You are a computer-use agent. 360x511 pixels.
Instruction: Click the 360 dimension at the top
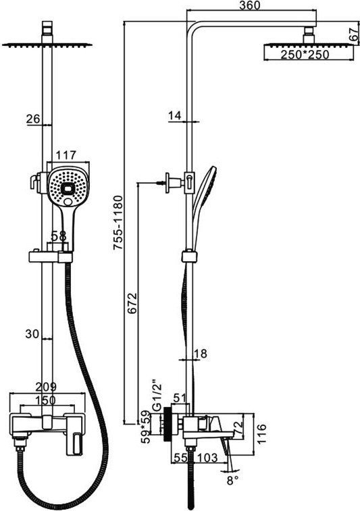pyautogui.click(x=250, y=5)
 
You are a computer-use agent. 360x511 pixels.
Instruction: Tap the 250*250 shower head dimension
pyautogui.click(x=305, y=55)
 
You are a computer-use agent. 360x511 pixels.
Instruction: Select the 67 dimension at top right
pyautogui.click(x=354, y=34)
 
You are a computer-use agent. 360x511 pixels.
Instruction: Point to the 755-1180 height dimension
pyautogui.click(x=118, y=223)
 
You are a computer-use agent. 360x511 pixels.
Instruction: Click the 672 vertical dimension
pyautogui.click(x=132, y=303)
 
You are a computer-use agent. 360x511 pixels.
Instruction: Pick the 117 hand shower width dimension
pyautogui.click(x=66, y=155)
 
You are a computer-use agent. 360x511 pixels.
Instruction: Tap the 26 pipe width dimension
pyautogui.click(x=33, y=119)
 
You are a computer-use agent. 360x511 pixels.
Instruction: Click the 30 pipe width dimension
pyautogui.click(x=32, y=333)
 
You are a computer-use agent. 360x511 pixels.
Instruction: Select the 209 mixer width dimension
pyautogui.click(x=46, y=387)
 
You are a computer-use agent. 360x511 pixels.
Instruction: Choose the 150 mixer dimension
pyautogui.click(x=46, y=400)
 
